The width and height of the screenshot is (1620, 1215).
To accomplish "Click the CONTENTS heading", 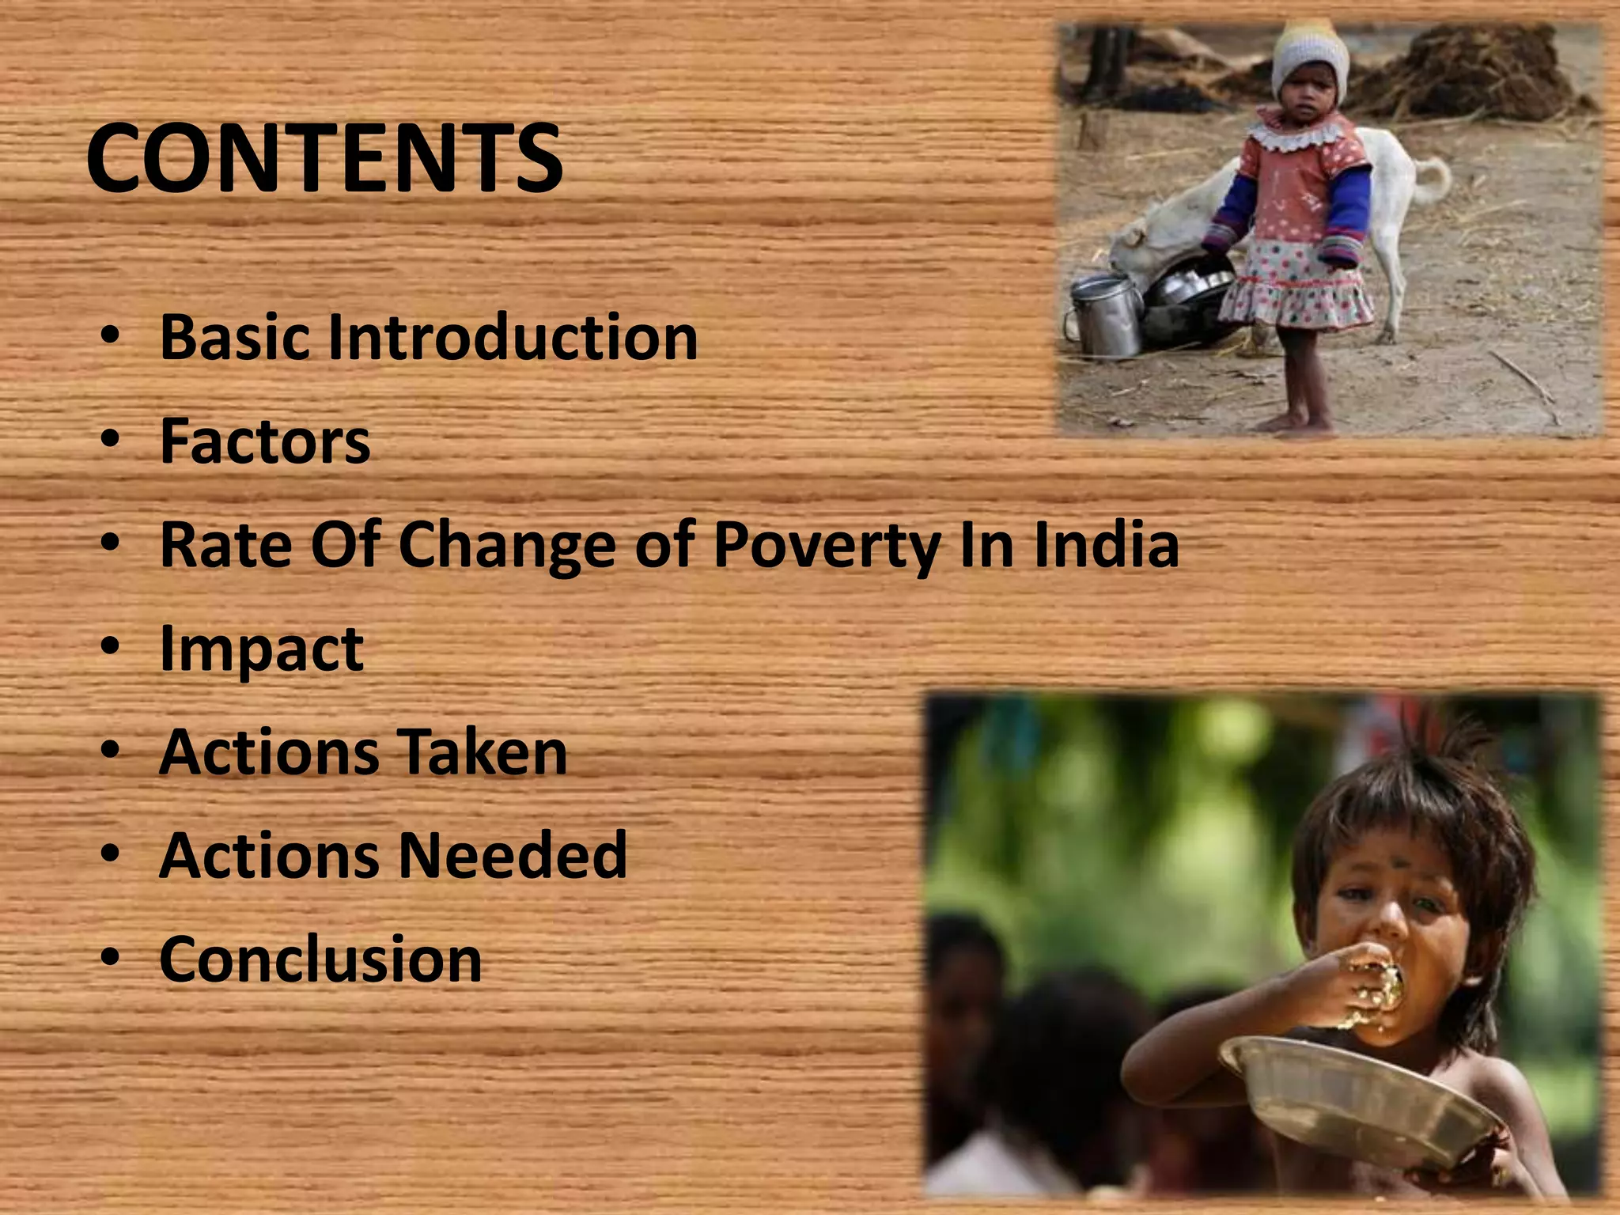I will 324,158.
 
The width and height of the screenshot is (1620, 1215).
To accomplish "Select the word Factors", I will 265,441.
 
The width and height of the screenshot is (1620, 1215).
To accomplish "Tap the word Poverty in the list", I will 827,546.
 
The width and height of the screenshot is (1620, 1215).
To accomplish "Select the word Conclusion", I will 320,960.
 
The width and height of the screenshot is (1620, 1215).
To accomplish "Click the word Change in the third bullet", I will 507,546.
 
